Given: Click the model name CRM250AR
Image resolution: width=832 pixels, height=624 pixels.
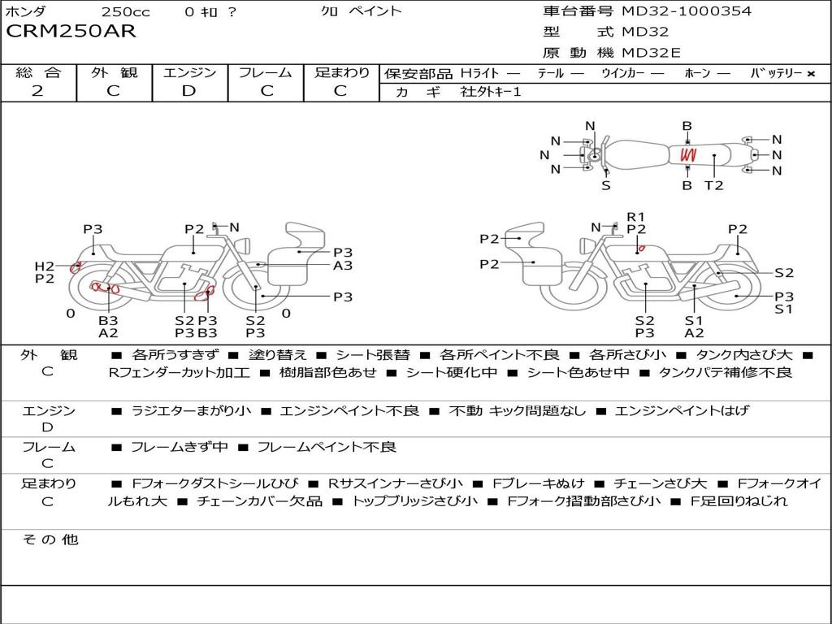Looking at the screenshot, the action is [71, 32].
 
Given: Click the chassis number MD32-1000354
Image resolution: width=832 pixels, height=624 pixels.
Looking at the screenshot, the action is [687, 11].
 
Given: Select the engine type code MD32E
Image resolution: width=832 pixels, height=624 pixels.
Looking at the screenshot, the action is [651, 53].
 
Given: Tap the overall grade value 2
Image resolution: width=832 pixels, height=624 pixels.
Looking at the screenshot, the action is [37, 91].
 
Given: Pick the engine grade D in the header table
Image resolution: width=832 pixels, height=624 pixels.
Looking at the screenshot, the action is [188, 91].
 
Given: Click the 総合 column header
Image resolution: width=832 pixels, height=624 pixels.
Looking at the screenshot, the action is [39, 72].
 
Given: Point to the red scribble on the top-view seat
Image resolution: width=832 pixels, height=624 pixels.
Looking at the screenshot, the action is [689, 155].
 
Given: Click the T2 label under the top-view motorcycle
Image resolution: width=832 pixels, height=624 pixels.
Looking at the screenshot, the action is [713, 186].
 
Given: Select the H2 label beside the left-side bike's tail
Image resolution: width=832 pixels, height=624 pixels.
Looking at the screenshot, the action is [45, 266].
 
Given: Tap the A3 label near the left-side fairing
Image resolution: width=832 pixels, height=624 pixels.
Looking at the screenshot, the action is [343, 266].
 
